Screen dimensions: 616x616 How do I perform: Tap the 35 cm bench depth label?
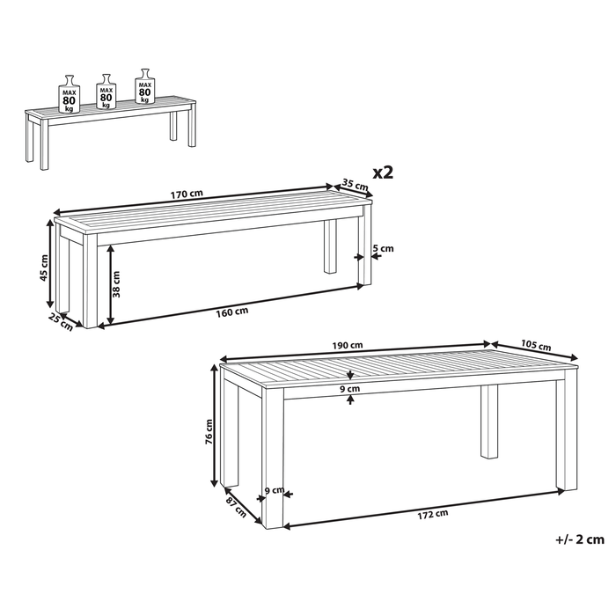pos(354,186)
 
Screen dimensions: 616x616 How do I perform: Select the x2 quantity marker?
pos(382,171)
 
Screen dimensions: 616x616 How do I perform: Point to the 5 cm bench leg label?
pos(384,249)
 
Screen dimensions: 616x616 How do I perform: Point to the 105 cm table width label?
pos(537,345)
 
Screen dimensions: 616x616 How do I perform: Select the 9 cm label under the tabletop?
pos(351,388)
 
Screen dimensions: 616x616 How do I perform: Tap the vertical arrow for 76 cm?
pos(214,427)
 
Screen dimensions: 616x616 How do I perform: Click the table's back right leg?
pos(488,427)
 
